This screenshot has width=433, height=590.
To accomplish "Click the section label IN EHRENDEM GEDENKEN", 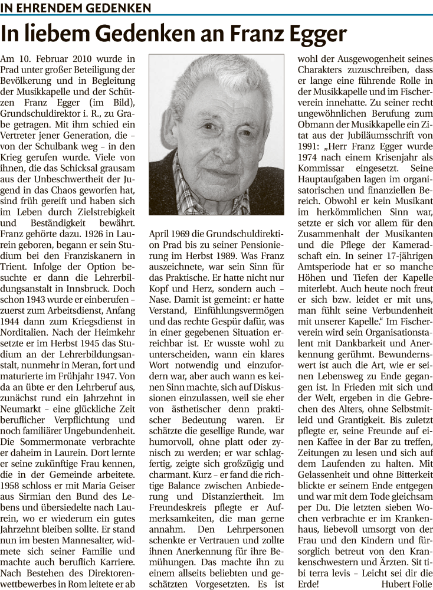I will point(76,8).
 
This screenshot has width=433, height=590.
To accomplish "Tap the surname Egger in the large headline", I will point(314,34).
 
